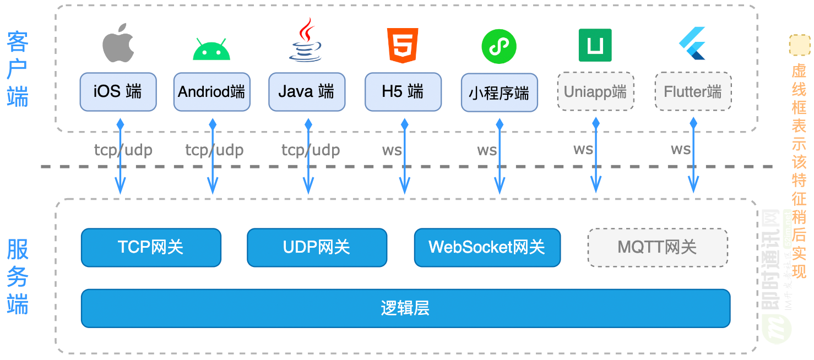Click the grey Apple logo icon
[118, 43]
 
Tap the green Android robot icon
[211, 50]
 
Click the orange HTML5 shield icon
[403, 45]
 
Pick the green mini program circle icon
[499, 46]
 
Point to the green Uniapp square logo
[595, 45]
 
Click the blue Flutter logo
[692, 43]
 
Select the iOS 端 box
[118, 91]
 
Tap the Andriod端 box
[211, 92]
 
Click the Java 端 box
[307, 91]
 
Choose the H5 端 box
[403, 91]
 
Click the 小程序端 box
[499, 92]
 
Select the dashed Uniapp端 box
[595, 91]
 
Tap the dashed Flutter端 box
[693, 91]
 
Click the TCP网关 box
[151, 248]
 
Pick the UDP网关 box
[317, 248]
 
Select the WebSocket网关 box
[487, 248]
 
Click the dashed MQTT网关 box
[658, 248]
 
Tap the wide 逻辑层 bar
[405, 308]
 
